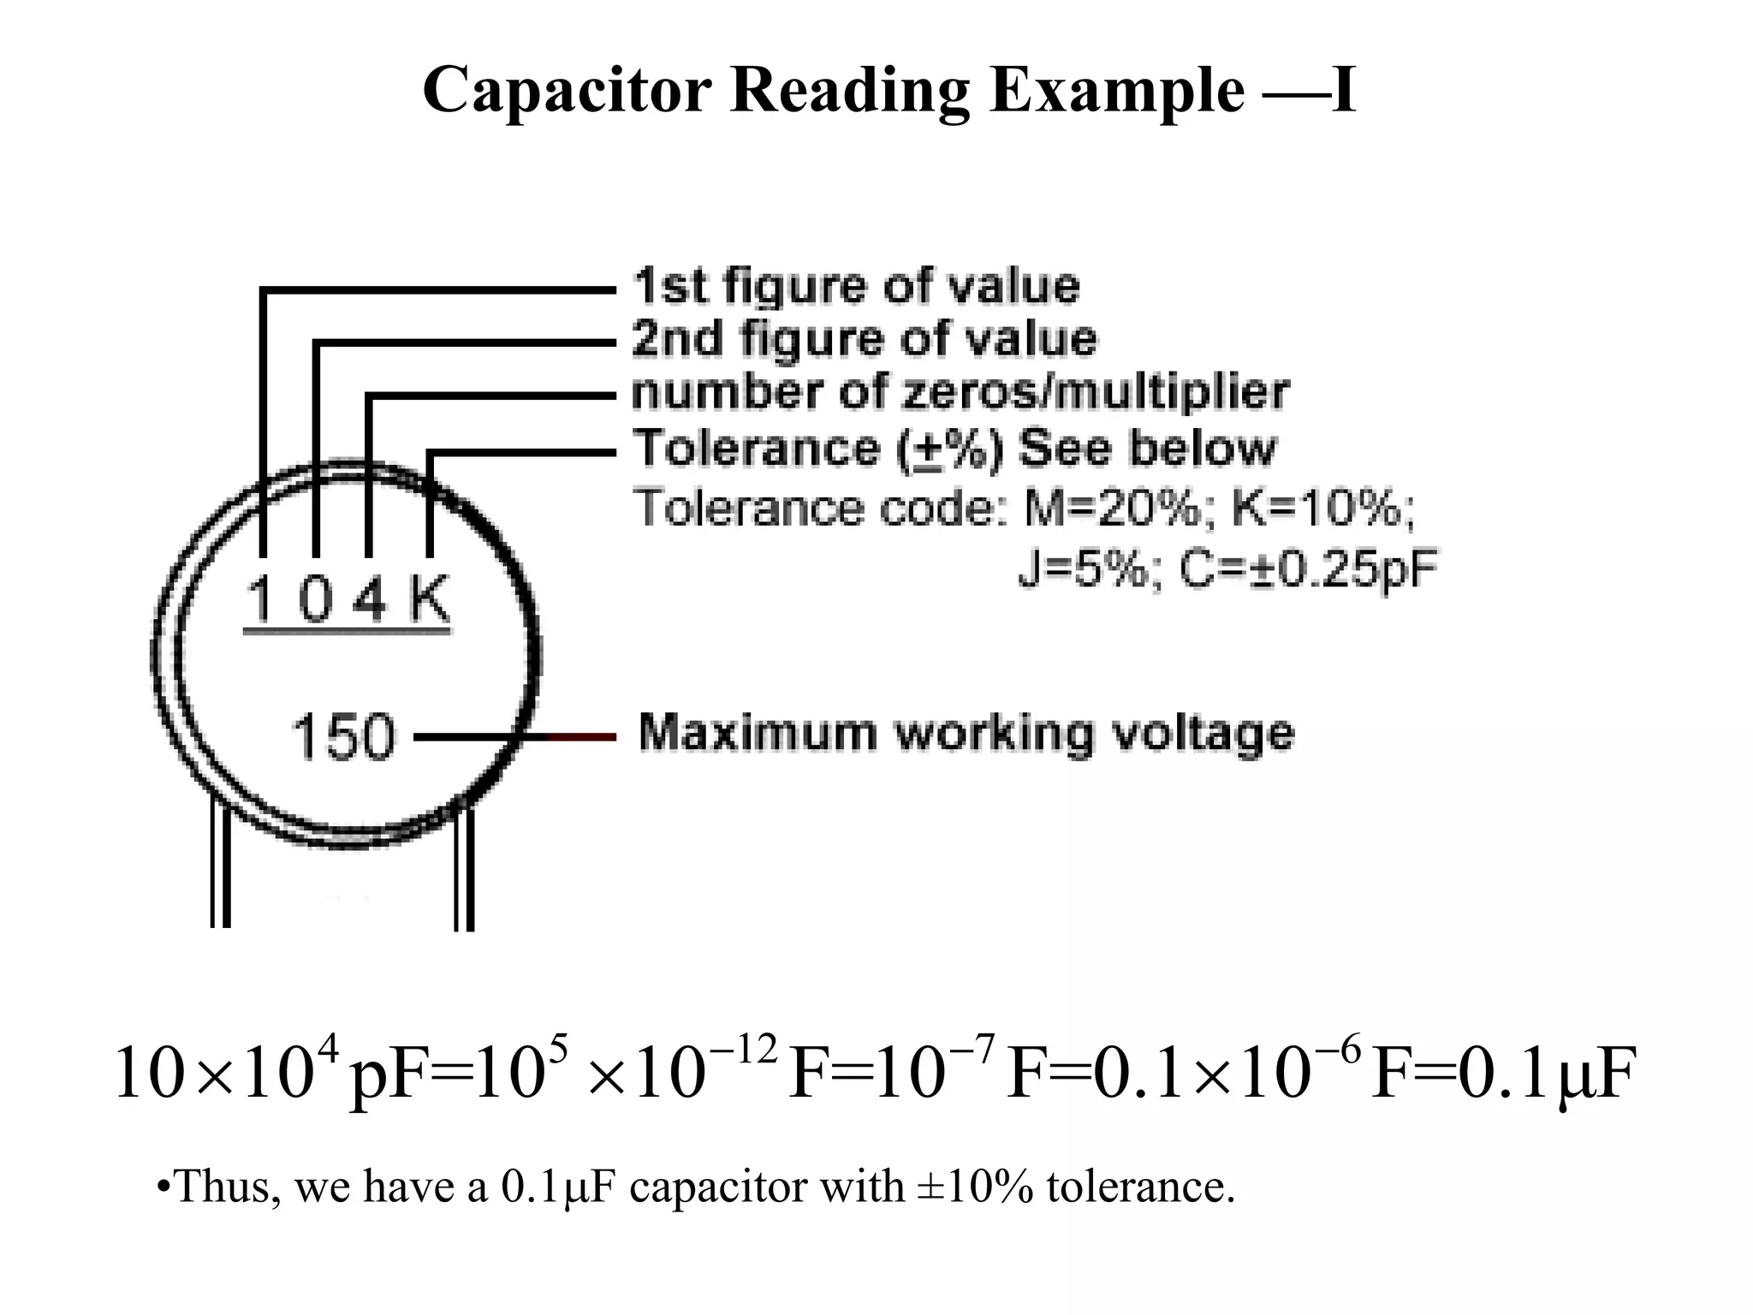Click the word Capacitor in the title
click(x=567, y=91)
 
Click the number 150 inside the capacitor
click(x=343, y=736)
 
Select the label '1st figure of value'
click(x=856, y=287)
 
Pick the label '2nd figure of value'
click(x=865, y=339)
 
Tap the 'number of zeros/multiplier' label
click(x=960, y=392)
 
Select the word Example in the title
click(x=1118, y=91)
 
